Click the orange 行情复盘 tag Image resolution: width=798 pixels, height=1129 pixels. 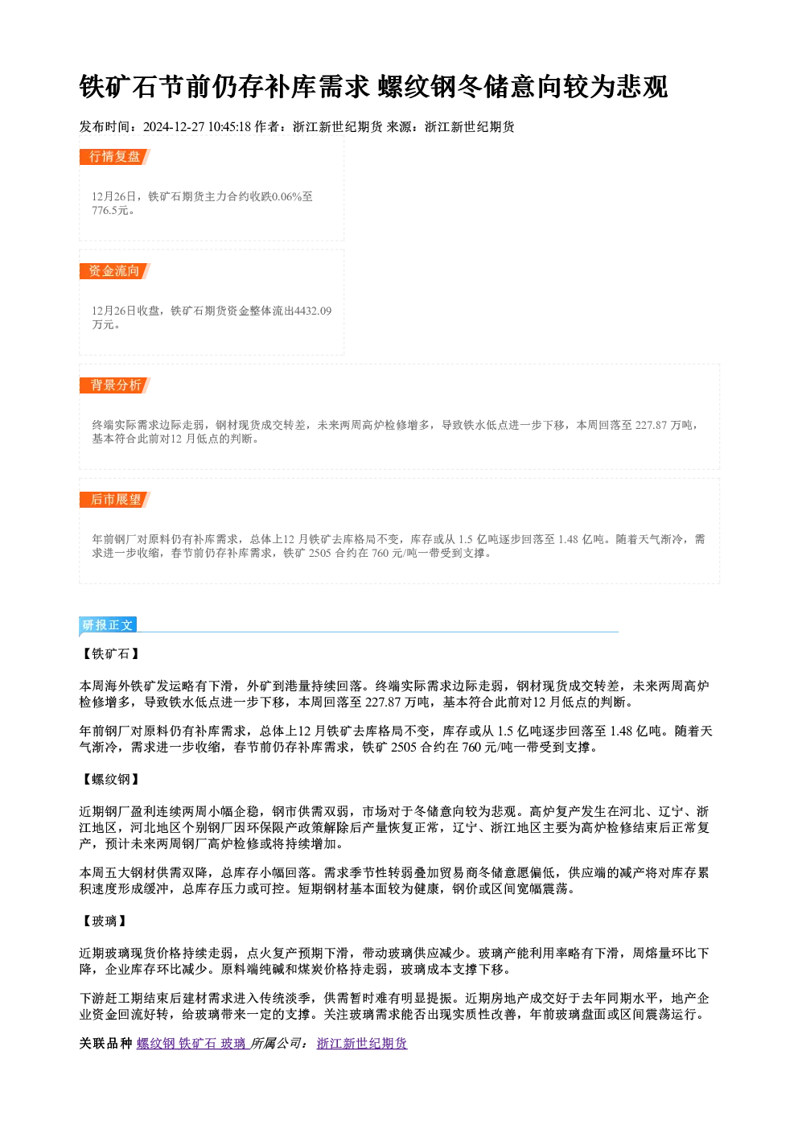point(114,157)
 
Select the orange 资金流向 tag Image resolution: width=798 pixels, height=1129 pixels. point(114,271)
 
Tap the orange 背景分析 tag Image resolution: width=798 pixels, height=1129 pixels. point(114,385)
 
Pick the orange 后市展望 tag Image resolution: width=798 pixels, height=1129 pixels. point(114,500)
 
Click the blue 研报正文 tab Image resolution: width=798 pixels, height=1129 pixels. point(108,625)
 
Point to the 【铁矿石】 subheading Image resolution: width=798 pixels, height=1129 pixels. point(111,654)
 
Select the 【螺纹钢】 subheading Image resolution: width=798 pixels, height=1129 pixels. point(111,780)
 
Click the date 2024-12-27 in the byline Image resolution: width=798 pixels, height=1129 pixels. point(174,127)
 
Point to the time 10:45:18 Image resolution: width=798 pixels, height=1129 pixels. point(229,127)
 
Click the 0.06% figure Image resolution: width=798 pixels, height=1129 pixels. point(286,197)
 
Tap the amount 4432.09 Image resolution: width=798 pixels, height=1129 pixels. point(312,311)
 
